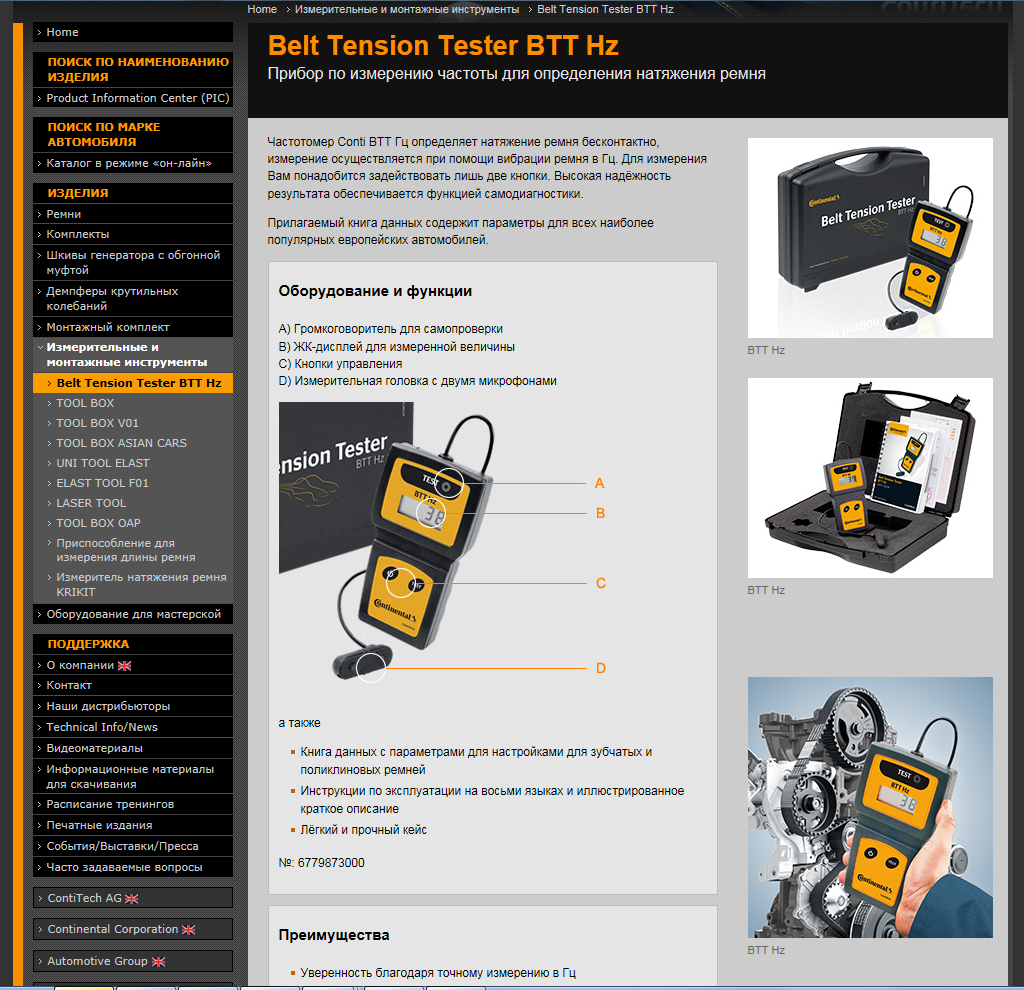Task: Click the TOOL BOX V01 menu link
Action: (x=97, y=423)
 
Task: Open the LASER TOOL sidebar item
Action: (x=91, y=503)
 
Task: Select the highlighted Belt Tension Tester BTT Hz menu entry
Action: (x=138, y=383)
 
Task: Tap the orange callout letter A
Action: (x=600, y=483)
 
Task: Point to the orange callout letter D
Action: (x=601, y=668)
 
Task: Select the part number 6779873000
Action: (x=331, y=863)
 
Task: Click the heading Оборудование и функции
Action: (x=375, y=291)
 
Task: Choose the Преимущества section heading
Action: (x=334, y=935)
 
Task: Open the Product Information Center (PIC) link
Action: (x=138, y=98)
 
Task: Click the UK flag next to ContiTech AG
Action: (x=131, y=899)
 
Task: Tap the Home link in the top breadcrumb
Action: (x=262, y=9)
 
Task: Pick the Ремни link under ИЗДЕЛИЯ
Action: (x=63, y=214)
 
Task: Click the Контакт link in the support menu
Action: (x=69, y=685)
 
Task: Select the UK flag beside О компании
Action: (x=124, y=665)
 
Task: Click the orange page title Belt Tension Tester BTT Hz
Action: (x=443, y=46)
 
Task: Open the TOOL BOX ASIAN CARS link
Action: (x=121, y=443)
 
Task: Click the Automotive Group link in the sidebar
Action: (x=97, y=961)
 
